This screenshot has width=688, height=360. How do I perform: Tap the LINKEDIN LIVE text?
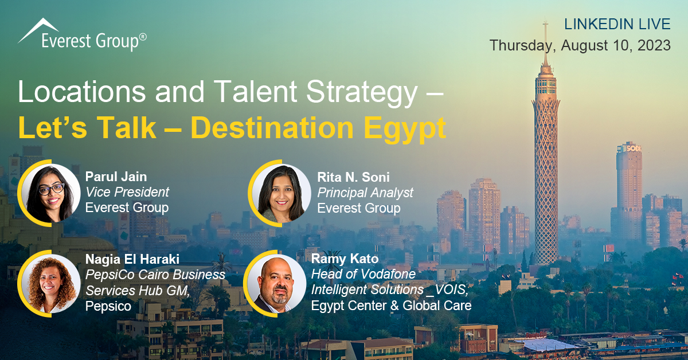(x=617, y=24)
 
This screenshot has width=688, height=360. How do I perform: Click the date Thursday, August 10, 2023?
(x=580, y=45)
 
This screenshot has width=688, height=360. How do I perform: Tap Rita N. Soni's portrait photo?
(x=282, y=193)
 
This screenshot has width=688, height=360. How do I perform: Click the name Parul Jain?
(x=116, y=177)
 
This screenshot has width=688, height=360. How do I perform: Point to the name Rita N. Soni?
(x=354, y=177)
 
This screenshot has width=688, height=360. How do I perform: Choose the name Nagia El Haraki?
(x=132, y=259)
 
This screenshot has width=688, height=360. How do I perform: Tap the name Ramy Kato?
(x=345, y=259)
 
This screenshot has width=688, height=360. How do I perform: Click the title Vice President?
(x=127, y=192)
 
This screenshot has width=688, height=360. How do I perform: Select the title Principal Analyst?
(x=365, y=193)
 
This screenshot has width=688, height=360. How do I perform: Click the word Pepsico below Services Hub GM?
(x=108, y=306)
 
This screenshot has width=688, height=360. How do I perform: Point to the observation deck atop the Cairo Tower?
(x=545, y=83)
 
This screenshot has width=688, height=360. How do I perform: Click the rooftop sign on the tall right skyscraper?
(x=634, y=148)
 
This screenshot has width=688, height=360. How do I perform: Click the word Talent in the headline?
(x=256, y=91)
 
